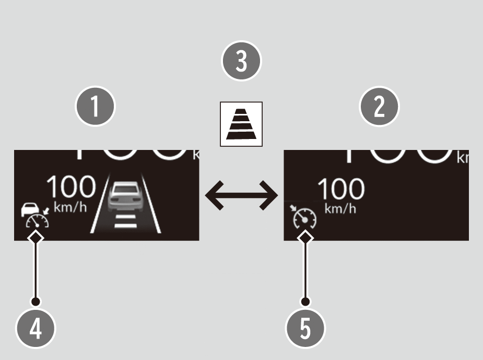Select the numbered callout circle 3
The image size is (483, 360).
click(x=241, y=61)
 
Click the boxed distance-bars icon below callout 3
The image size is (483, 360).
click(x=241, y=124)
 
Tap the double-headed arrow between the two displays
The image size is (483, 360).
click(x=241, y=196)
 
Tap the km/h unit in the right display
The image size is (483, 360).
click(x=340, y=209)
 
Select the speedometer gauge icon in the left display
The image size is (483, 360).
click(x=37, y=222)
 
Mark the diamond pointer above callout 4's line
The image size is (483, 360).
click(x=36, y=238)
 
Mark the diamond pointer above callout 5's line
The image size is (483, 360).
click(x=306, y=238)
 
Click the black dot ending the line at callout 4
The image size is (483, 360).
click(x=36, y=301)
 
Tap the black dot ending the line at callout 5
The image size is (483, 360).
click(x=306, y=301)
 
